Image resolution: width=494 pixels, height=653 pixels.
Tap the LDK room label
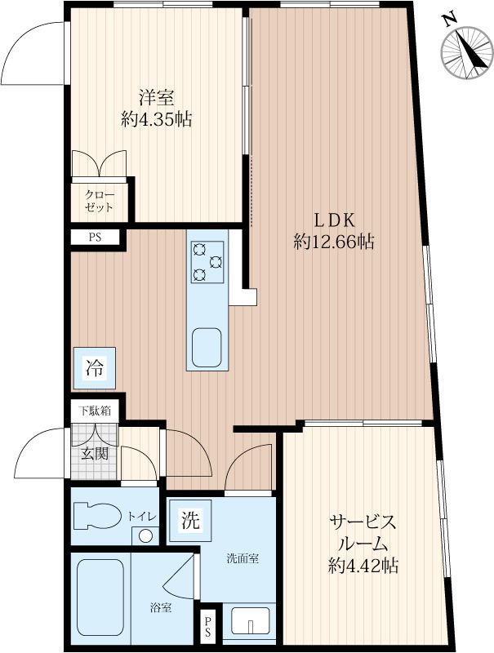[x=334, y=220]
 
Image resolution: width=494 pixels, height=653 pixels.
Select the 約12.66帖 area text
[x=334, y=242]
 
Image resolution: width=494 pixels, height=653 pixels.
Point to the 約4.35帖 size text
[x=156, y=120]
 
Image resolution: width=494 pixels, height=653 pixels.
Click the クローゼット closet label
[x=101, y=201]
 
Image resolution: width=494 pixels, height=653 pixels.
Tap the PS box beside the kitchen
[x=96, y=238]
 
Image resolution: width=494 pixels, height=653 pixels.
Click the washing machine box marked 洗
[x=189, y=519]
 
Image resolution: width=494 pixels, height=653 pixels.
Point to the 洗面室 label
[x=243, y=560]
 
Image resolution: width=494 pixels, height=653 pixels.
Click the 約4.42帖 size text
[x=363, y=566]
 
